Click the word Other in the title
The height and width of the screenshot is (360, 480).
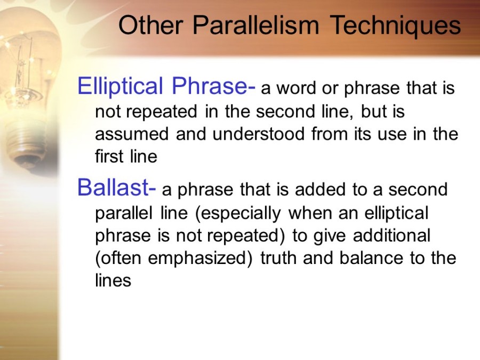pos(150,25)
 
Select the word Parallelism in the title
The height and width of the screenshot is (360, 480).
pos(256,25)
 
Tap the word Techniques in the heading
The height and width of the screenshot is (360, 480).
pos(395,26)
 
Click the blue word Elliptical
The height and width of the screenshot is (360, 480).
pos(120,86)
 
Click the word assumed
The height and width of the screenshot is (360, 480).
pos(132,134)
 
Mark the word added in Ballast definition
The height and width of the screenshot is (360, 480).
pos(319,189)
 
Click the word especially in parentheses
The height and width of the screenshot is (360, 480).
pos(238,213)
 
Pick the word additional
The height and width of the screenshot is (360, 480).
pos(391,235)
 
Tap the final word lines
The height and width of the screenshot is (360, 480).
pos(113,280)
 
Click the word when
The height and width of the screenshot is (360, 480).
pos(310,212)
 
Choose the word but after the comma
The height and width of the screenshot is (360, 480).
pos(372,111)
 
